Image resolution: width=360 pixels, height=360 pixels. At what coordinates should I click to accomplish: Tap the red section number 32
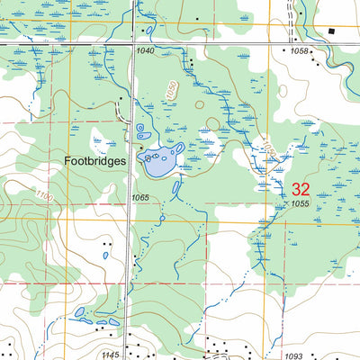click(301, 189)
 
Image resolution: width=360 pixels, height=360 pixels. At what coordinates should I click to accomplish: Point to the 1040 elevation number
click(146, 51)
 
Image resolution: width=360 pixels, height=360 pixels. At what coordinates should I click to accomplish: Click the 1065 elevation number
click(139, 197)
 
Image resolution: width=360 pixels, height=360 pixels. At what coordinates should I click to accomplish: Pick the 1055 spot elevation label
click(301, 205)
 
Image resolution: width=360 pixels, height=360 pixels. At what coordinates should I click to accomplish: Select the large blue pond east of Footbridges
click(159, 162)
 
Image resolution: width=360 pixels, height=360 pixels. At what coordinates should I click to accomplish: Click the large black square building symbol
click(331, 31)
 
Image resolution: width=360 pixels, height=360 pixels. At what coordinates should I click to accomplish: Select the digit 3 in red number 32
click(295, 189)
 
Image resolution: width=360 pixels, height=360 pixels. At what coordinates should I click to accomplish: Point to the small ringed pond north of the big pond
click(139, 129)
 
